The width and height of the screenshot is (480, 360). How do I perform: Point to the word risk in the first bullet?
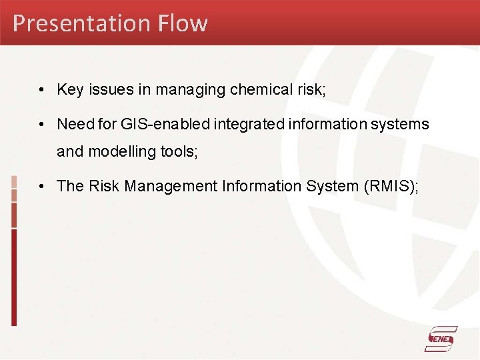tap(311, 90)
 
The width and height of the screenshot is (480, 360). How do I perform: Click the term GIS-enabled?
tap(154, 124)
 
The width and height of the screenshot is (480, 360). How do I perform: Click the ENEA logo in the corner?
tap(441, 339)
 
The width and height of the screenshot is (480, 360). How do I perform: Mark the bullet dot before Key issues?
tap(41, 90)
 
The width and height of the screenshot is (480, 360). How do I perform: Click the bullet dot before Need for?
tap(41, 124)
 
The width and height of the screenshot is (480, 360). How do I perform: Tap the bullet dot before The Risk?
tap(41, 186)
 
